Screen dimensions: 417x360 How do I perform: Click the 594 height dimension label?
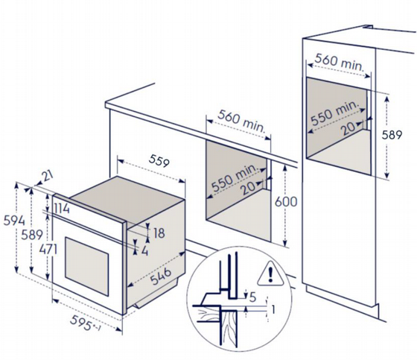point(14,221)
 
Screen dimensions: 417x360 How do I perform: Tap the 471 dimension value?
point(48,250)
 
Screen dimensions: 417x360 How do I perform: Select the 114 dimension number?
point(61,208)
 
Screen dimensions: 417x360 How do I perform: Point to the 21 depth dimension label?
point(48,176)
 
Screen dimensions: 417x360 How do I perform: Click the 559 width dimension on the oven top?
point(159,161)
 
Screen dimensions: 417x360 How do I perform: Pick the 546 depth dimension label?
point(161,276)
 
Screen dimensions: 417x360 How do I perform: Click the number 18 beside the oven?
point(159,233)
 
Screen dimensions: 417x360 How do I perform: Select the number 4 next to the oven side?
point(144,250)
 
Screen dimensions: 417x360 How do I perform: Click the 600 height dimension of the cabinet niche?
point(286,201)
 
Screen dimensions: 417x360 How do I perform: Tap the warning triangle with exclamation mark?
point(270,274)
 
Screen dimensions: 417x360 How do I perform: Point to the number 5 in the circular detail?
point(252,297)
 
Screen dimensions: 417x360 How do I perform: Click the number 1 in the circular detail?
point(273,309)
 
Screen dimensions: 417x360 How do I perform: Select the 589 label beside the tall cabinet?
point(392,135)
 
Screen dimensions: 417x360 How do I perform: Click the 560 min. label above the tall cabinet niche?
point(339,63)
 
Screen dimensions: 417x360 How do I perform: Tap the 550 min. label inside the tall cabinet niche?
point(335,113)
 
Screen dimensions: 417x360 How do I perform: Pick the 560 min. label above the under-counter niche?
point(241,121)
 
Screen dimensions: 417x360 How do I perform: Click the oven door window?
point(86,266)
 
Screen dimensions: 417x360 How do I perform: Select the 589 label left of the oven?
point(32,235)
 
